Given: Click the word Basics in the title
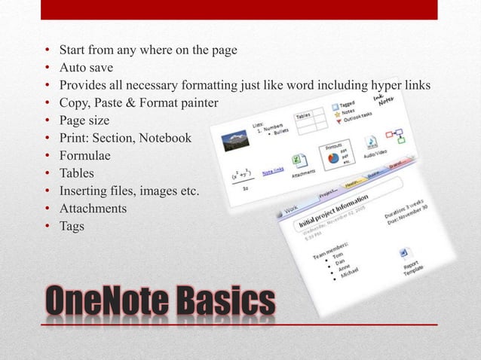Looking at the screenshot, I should click(224, 304).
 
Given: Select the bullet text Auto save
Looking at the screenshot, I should click(86, 68).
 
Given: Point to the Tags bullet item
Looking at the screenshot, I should click(73, 225).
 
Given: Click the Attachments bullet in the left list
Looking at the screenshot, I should click(93, 208).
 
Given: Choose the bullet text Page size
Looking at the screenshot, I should click(84, 120).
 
